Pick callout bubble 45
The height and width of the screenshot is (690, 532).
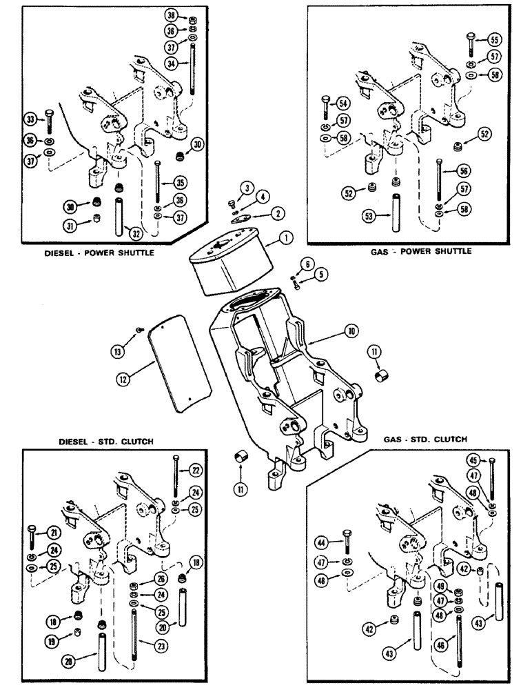pos(493,461)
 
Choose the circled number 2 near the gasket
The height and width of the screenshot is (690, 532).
pos(277,215)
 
